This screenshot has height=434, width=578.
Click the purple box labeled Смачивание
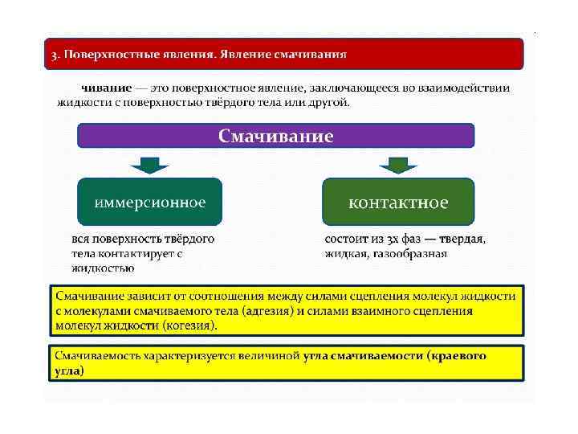point(275,135)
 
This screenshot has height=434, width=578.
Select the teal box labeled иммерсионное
point(149,202)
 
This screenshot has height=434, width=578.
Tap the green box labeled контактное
point(397,202)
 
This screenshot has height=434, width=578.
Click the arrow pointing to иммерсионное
point(149,165)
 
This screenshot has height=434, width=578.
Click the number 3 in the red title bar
point(52,55)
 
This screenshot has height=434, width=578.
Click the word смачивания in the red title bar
point(311,55)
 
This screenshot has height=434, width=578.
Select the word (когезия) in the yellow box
point(189,325)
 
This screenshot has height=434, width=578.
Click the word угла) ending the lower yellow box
point(69,371)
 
